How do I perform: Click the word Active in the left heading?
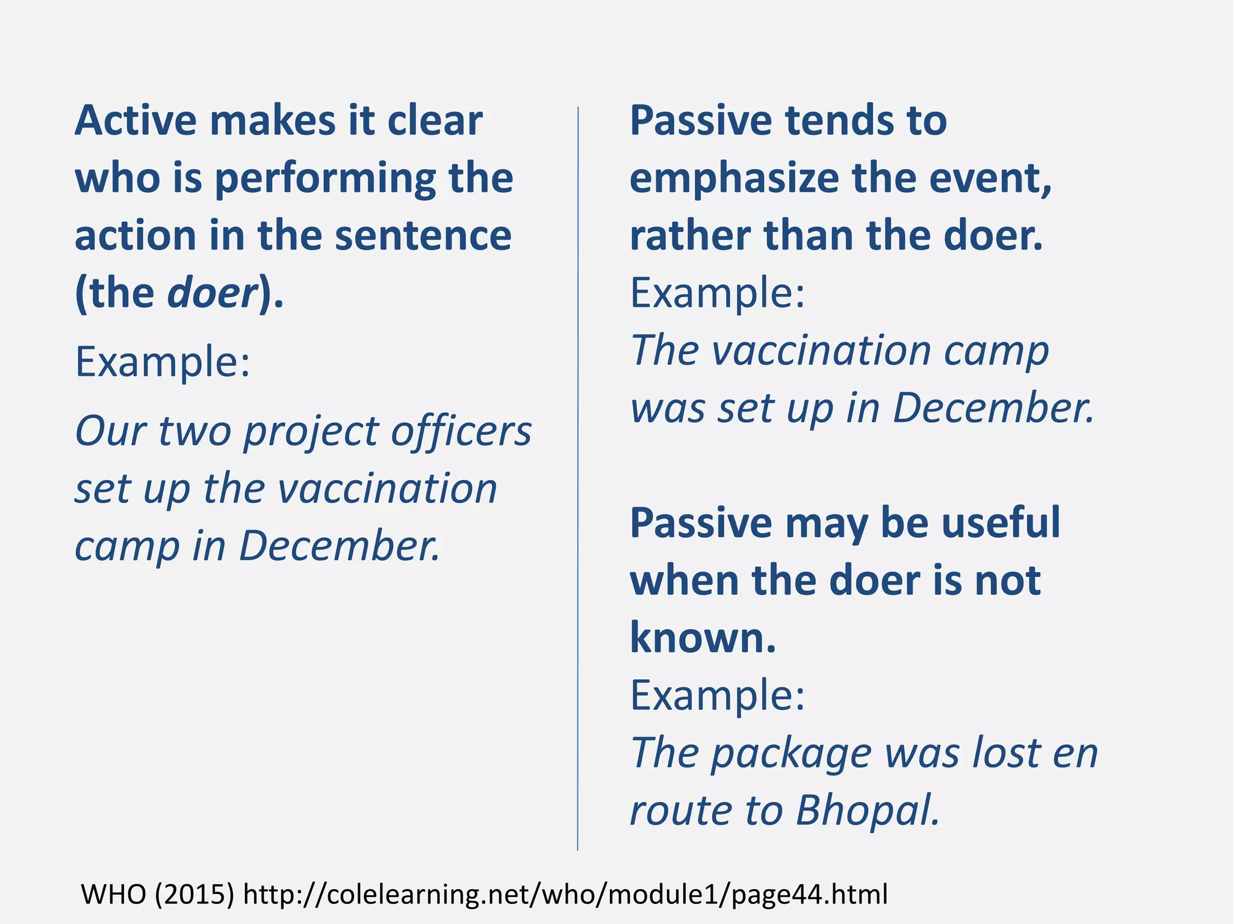tap(135, 121)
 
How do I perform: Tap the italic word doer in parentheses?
tap(212, 293)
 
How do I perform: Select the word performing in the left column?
tap(325, 179)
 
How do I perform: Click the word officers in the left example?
tap(461, 431)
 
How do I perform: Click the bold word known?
tap(702, 638)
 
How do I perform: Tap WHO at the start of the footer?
tap(113, 895)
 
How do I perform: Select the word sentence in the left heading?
tap(423, 236)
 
